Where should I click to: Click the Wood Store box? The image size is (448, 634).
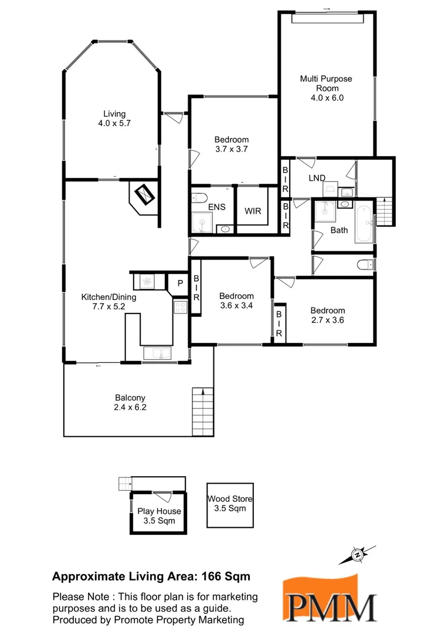(230, 504)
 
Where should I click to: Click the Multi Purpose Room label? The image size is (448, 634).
(327, 83)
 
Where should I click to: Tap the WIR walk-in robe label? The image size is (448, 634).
(253, 211)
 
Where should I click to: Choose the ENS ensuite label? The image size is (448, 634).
(216, 208)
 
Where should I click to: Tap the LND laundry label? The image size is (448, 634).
(317, 177)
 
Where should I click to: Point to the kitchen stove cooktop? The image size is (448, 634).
(181, 306)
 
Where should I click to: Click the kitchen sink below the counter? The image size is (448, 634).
(157, 352)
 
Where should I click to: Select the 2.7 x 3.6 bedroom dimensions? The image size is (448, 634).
(327, 321)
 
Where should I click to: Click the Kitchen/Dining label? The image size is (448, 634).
(108, 297)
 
